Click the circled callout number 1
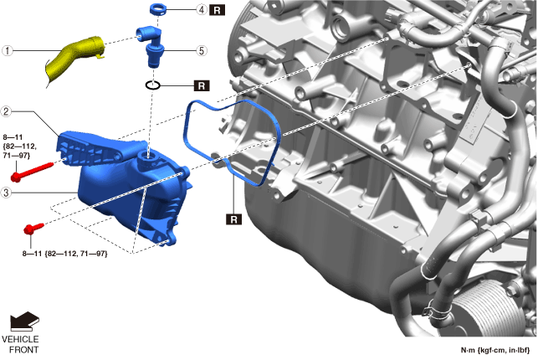(x=8, y=51)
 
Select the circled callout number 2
(x=6, y=111)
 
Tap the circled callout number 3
(x=6, y=193)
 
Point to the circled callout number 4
(x=202, y=9)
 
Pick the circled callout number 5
(x=202, y=51)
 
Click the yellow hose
(x=74, y=59)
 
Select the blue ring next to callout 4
(x=158, y=8)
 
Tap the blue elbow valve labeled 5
(x=151, y=46)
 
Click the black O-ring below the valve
(x=152, y=85)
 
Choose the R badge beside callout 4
(x=217, y=10)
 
